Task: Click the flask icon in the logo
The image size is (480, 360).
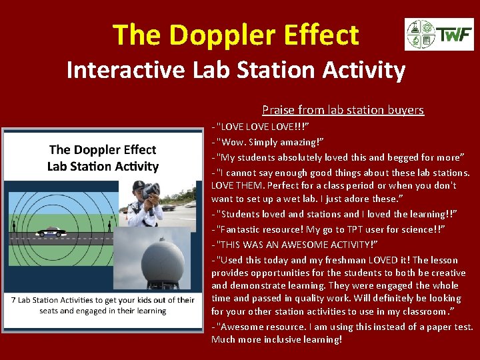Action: pyautogui.click(x=415, y=28)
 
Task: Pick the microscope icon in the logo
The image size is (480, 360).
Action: pyautogui.click(x=415, y=41)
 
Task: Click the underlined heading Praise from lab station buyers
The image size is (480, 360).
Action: pyautogui.click(x=343, y=110)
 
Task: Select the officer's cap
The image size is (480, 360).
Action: pyautogui.click(x=139, y=185)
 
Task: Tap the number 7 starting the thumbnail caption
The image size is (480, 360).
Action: pyautogui.click(x=14, y=300)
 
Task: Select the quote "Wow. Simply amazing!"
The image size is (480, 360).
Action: pyautogui.click(x=270, y=142)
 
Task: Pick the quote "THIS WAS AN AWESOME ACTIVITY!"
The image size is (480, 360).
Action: pyautogui.click(x=300, y=244)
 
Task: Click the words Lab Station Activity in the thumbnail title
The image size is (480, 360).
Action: pyautogui.click(x=103, y=166)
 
